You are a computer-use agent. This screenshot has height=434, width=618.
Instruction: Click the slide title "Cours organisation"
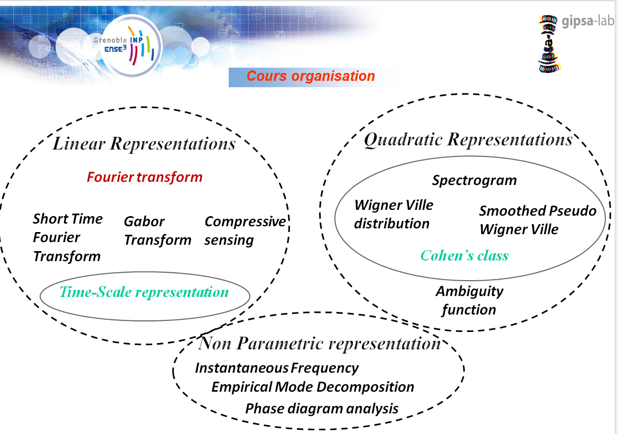point(311,76)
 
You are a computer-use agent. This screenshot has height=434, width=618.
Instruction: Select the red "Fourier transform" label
point(145,177)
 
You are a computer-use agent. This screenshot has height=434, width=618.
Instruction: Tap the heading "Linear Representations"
point(144,144)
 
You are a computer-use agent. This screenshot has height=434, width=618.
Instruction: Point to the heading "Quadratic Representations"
point(468,140)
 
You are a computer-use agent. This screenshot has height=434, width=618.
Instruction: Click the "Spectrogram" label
point(474,180)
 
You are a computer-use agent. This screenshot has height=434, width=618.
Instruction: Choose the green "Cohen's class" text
point(464,256)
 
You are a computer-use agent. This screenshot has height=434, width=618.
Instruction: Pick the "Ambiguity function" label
point(469,300)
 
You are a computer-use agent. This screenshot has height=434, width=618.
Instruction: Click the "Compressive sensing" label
point(245,231)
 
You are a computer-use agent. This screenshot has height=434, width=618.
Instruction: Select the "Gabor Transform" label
point(157,231)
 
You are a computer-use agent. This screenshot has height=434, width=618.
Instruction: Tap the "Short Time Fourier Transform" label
point(68,237)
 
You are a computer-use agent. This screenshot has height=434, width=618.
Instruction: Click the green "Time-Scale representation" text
point(144,292)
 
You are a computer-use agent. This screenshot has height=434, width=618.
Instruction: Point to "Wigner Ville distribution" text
point(394,214)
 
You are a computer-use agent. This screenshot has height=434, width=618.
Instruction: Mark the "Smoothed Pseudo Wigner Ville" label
point(538,220)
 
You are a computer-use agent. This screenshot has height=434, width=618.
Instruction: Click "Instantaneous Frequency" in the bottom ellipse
point(277,368)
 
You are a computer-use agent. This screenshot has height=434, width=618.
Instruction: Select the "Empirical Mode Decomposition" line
point(313,386)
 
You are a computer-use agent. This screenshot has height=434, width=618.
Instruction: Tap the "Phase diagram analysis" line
point(322,408)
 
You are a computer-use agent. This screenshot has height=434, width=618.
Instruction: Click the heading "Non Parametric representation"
point(319,343)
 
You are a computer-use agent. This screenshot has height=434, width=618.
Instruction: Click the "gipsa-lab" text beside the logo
point(588,21)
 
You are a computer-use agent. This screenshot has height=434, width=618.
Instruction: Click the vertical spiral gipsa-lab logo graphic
point(548,44)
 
